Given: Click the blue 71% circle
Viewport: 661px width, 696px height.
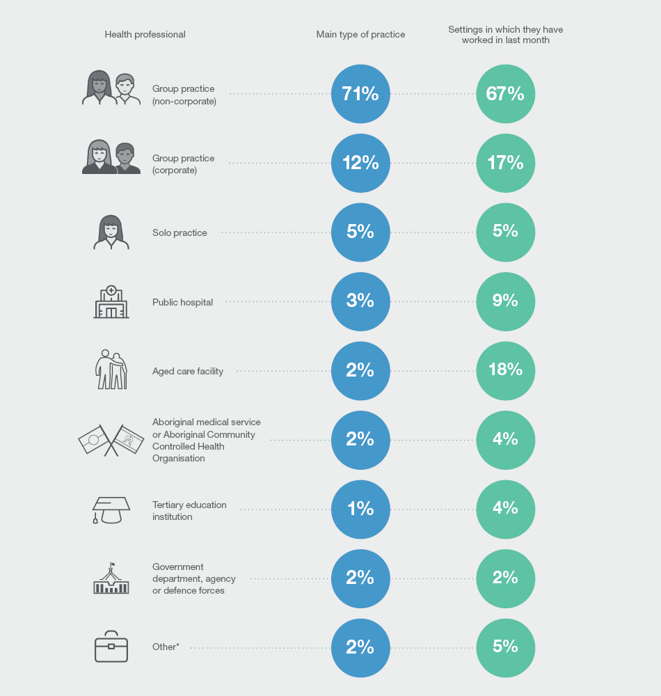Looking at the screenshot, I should pyautogui.click(x=360, y=94).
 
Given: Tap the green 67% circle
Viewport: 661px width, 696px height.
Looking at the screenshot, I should pyautogui.click(x=506, y=94).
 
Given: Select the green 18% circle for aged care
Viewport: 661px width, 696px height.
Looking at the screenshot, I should pyautogui.click(x=506, y=370).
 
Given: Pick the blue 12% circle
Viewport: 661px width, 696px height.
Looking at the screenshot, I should pyautogui.click(x=360, y=163).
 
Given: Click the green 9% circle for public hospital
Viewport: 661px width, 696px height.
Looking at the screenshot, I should pyautogui.click(x=506, y=301).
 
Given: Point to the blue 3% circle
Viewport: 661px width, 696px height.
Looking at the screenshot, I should pyautogui.click(x=360, y=301).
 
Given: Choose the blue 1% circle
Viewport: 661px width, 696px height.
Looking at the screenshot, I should pyautogui.click(x=360, y=509).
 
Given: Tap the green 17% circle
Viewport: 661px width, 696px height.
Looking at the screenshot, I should pyautogui.click(x=506, y=163).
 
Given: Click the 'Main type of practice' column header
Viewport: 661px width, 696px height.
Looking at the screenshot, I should pyautogui.click(x=360, y=34).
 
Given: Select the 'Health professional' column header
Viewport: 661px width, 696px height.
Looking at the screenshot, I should pyautogui.click(x=145, y=34).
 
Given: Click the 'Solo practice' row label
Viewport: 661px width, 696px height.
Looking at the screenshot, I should pyautogui.click(x=180, y=232).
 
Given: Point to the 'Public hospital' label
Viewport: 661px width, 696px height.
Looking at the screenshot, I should pyautogui.click(x=182, y=302).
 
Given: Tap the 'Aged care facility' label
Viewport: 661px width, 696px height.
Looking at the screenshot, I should pyautogui.click(x=188, y=371).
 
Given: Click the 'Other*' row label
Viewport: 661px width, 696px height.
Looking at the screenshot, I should pyautogui.click(x=166, y=647).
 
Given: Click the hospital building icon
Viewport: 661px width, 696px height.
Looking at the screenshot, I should pyautogui.click(x=111, y=302).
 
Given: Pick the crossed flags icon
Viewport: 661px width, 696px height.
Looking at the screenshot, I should pyautogui.click(x=111, y=440).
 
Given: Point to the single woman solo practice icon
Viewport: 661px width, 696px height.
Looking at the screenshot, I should pyautogui.click(x=111, y=232).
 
